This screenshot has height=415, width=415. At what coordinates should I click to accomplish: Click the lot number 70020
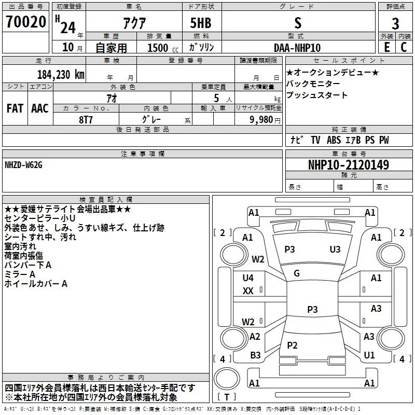pos(26,22)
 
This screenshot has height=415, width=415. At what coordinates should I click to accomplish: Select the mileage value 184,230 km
pos(61,75)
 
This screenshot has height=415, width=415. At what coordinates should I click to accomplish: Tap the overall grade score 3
pos(395,24)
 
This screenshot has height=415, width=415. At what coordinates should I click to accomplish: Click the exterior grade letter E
pos(387,47)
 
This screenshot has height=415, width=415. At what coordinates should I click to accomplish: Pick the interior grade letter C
pos(404,47)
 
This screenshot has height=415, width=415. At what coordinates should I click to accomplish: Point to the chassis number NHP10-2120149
pos(349,164)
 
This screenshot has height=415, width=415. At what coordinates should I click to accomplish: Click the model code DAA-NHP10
pos(297,48)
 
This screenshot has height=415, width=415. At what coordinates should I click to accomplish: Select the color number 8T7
pos(86,120)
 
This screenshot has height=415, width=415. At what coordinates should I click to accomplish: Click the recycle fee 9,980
pos(261,120)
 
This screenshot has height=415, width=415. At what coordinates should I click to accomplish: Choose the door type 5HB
pos(201,23)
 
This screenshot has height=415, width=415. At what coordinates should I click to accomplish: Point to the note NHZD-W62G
pos(23,165)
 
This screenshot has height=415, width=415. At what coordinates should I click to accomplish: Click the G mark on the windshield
pos(297,273)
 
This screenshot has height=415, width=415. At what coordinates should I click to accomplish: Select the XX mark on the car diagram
pos(248,291)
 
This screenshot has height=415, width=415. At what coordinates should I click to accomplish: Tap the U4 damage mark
pos(248,278)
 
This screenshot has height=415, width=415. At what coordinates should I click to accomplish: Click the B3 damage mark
pos(255,355)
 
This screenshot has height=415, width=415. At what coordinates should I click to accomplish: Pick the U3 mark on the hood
pos(335,250)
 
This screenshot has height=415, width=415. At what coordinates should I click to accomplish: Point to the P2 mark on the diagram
pos(292,345)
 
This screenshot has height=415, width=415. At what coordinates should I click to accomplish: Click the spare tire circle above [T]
pos(227,378)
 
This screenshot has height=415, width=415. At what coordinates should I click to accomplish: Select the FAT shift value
pos(15,108)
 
